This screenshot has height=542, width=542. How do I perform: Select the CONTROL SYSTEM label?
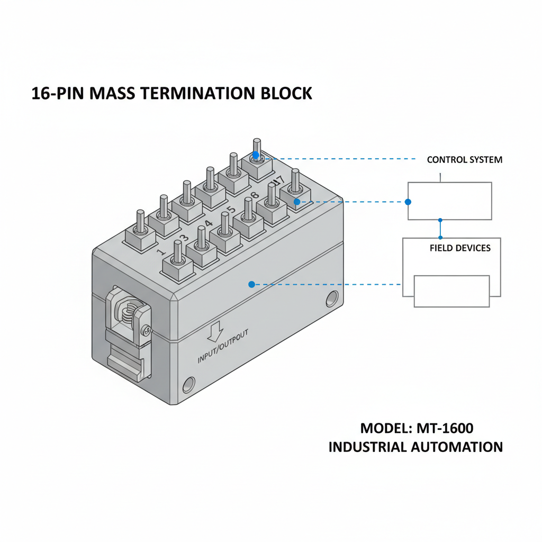click(464, 159)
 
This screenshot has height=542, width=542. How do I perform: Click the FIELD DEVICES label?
click(459, 248)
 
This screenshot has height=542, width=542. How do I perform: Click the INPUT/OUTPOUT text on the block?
click(222, 349)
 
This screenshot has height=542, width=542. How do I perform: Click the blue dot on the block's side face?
click(251, 284)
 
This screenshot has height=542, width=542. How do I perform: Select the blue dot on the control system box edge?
click(408, 202)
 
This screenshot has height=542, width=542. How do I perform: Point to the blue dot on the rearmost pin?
click(256, 155)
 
